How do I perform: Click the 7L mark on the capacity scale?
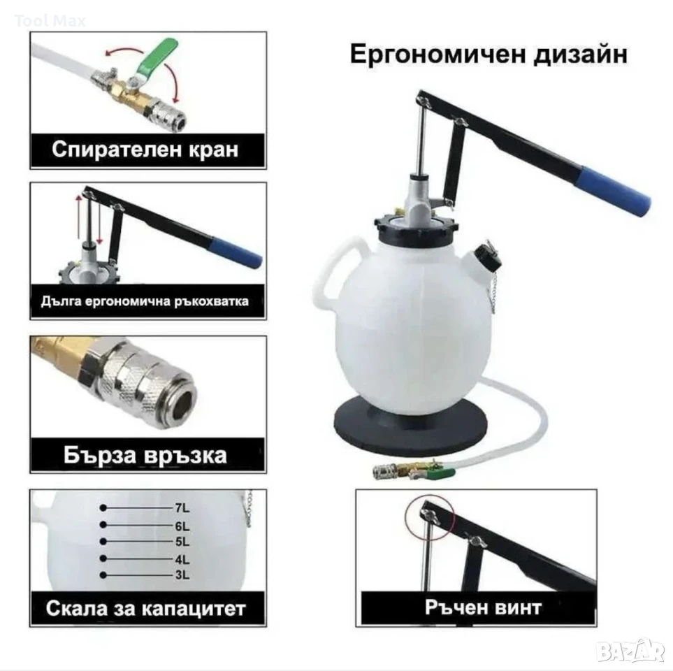pos(182,508)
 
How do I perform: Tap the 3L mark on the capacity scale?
pos(182,575)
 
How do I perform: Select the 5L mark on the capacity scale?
pos(182,542)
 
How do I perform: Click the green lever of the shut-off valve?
pos(157,57)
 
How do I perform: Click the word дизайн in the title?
pos(581,55)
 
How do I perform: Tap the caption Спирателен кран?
pos(145,150)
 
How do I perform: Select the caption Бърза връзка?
pos(145,455)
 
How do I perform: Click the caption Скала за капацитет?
pos(145,608)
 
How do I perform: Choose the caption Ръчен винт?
pos(484,607)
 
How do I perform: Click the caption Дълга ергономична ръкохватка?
pos(145,301)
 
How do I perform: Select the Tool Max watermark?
pos(50,20)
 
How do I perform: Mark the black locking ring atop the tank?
pos(413,230)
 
